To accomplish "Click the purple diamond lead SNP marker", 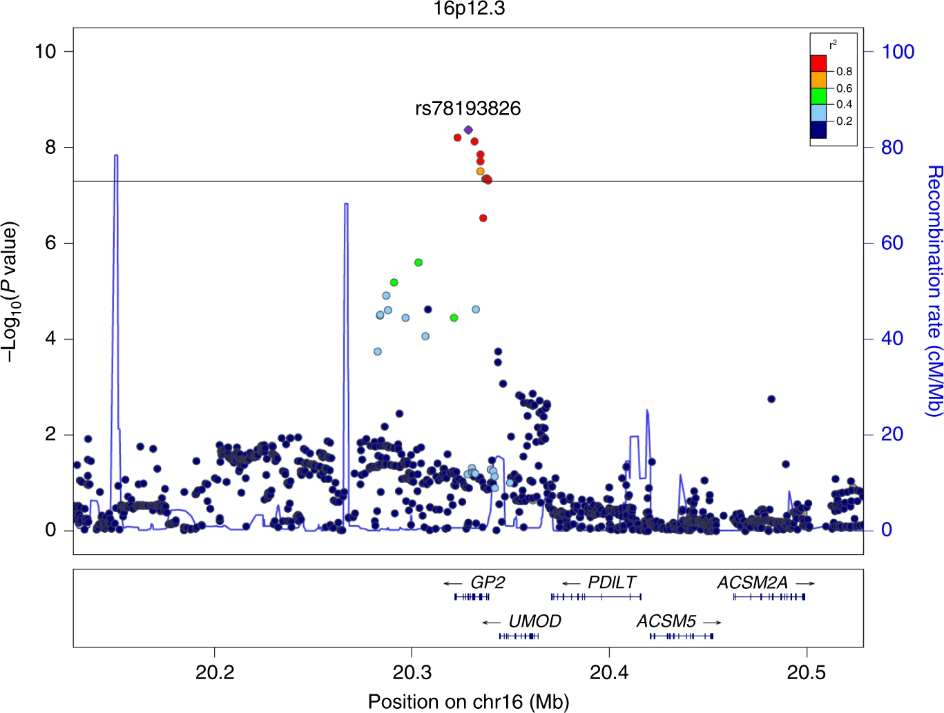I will [x=468, y=130].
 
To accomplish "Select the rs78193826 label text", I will [x=468, y=108].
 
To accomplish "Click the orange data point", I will [x=481, y=171].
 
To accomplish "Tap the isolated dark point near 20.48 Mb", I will [x=771, y=399].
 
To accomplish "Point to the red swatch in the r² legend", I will [x=818, y=64].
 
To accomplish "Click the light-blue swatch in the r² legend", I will [x=818, y=113].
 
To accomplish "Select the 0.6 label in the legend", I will [x=844, y=88].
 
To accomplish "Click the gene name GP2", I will [x=488, y=583].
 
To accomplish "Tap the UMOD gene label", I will [x=534, y=621].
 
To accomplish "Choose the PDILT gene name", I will [x=612, y=583].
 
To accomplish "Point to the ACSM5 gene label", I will [x=666, y=621].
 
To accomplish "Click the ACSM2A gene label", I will [x=752, y=583].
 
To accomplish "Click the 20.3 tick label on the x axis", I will [x=412, y=672].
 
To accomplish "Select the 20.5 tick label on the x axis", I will [x=807, y=672].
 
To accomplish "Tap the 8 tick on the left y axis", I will [x=50, y=147].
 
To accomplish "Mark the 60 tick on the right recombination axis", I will [x=892, y=243].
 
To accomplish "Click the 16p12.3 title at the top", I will [x=469, y=9].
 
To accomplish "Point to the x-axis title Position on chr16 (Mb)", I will [x=468, y=701].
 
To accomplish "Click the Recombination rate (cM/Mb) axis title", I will [x=933, y=290].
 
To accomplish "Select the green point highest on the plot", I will [x=418, y=262].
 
